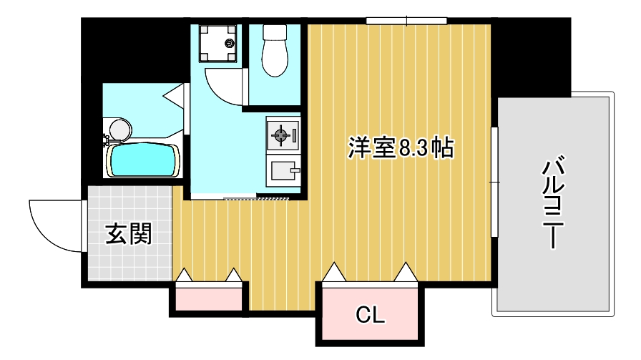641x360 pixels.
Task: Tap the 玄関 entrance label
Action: pos(129,234)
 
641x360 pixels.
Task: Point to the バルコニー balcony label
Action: pos(551,205)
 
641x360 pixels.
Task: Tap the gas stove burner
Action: pos(280,134)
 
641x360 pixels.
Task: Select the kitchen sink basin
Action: pos(283,171)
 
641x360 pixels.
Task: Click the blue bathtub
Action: pos(143,160)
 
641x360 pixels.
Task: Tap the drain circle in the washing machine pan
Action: pos(230,43)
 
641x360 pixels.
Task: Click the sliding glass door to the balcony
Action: pos(494,182)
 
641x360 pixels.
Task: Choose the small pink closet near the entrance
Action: pos(208,298)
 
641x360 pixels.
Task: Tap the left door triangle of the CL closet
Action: pos(333,272)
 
